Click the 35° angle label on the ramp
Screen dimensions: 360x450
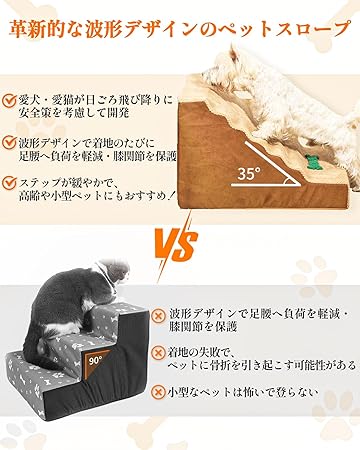[249, 173]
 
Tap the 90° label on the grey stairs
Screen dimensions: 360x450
[96, 360]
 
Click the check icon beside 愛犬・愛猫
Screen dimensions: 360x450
[9, 100]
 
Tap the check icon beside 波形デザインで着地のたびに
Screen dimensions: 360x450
[9, 142]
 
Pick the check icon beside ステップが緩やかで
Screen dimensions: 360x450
[9, 183]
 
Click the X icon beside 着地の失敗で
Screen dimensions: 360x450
[158, 352]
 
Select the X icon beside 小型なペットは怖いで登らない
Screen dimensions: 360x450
[158, 392]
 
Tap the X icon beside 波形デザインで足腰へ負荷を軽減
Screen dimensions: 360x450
[158, 315]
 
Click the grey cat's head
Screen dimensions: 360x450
[112, 272]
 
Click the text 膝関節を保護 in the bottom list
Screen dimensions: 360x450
[203, 327]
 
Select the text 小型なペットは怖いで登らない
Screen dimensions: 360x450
[243, 392]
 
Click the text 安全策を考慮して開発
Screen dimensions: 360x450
[74, 113]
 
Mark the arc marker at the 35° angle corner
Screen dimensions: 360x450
[287, 181]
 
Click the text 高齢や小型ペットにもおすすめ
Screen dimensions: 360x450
[97, 196]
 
